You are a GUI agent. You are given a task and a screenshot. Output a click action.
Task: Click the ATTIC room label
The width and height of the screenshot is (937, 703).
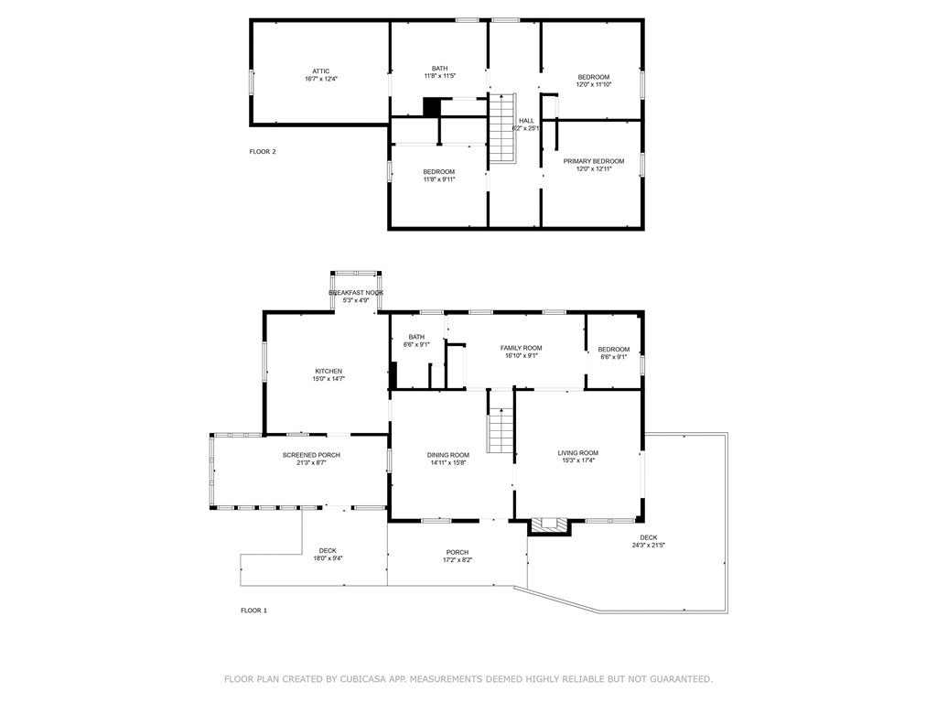click(320, 71)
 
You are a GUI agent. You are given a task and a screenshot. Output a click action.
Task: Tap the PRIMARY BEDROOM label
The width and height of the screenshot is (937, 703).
click(593, 161)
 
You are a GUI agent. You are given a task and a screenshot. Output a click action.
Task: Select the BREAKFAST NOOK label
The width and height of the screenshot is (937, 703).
click(356, 293)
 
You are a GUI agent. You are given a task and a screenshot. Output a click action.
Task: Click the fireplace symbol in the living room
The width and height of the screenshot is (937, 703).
click(550, 525)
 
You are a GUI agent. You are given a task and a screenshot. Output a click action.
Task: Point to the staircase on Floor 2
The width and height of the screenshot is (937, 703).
click(501, 128)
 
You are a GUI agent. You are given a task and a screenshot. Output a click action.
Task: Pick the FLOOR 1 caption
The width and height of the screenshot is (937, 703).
click(253, 611)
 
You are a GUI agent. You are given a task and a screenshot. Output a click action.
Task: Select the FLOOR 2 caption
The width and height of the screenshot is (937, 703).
click(263, 152)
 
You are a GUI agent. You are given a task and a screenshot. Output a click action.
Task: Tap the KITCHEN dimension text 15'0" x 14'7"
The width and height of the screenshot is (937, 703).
click(328, 378)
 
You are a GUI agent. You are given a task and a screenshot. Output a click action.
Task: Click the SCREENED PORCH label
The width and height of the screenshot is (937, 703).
click(311, 455)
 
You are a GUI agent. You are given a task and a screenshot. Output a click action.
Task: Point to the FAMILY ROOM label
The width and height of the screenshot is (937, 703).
click(521, 348)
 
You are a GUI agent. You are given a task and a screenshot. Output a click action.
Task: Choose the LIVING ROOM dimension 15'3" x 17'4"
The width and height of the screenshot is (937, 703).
click(578, 460)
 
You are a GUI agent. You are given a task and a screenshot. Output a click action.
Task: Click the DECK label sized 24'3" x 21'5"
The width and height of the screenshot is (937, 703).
click(648, 537)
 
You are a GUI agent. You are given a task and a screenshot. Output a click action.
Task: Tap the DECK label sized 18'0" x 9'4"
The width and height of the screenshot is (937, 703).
click(328, 551)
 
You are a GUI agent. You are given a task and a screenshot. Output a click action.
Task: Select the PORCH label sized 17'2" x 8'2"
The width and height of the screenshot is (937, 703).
click(457, 552)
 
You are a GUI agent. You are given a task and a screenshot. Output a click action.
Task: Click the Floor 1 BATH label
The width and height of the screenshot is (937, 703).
click(416, 337)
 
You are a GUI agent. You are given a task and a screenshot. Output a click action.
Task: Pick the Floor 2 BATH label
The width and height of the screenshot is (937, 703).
click(440, 69)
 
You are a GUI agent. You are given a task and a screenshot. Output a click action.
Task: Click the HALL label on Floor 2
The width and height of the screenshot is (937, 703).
click(526, 121)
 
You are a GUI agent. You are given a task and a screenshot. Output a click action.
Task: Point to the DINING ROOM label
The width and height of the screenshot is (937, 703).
click(447, 455)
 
